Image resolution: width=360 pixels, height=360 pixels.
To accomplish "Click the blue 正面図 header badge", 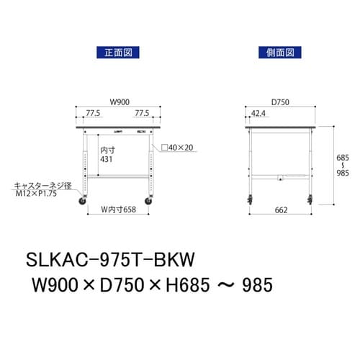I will pos(115,52).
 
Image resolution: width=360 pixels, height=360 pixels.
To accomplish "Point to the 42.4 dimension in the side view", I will pos(258,113).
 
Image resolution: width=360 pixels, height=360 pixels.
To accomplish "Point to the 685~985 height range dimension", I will pos(343,166).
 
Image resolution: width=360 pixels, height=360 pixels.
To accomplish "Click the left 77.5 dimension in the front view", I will pos(91,113).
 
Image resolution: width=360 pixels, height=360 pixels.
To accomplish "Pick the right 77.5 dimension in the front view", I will pos(141,113).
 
